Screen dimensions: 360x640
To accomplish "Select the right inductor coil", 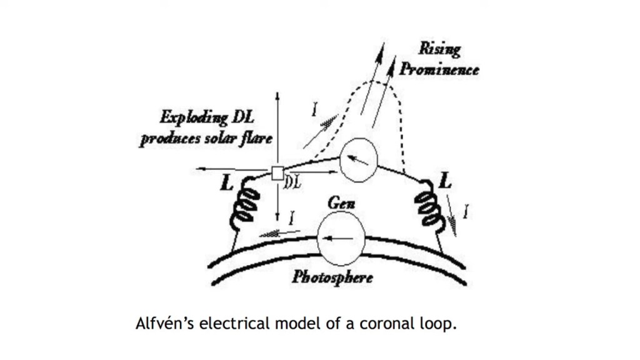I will pyautogui.click(x=427, y=205).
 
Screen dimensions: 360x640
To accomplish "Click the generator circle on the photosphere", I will pyautogui.click(x=341, y=239).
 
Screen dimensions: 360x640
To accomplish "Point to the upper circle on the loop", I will pyautogui.click(x=358, y=160).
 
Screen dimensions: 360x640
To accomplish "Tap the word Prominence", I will pyautogui.click(x=439, y=68).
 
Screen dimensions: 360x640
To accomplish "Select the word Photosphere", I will pyautogui.click(x=332, y=276).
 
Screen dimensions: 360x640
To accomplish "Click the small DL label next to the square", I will pyautogui.click(x=293, y=182).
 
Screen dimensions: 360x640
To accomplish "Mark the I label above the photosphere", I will pyautogui.click(x=291, y=218).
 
